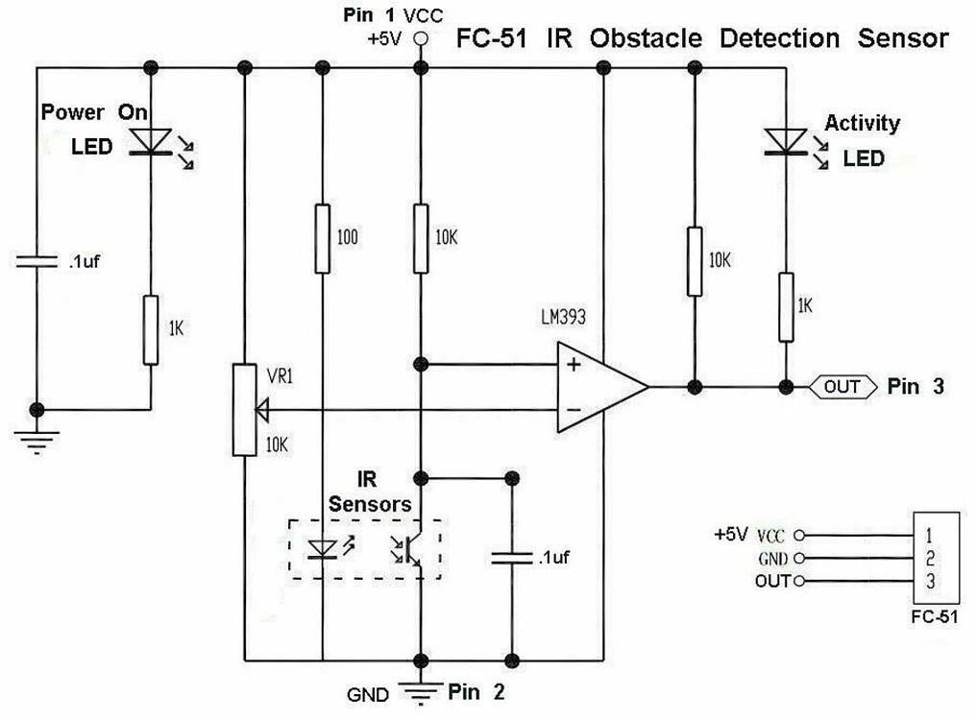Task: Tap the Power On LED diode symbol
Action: tap(151, 141)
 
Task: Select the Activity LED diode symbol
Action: tap(785, 140)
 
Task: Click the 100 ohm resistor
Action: tap(323, 237)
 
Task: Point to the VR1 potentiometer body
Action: tap(245, 410)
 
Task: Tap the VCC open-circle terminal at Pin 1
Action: tap(419, 39)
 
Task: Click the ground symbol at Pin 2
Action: tap(419, 692)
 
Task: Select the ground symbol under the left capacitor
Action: tap(37, 436)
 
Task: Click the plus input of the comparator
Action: tap(574, 365)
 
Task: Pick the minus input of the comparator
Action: tap(574, 411)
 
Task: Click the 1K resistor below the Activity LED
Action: tap(786, 306)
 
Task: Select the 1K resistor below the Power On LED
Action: tap(151, 330)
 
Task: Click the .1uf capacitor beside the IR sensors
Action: tap(511, 558)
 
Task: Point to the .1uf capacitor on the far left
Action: tap(37, 261)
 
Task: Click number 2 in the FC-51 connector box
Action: tap(928, 558)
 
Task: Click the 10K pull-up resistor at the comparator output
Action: tap(694, 261)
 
